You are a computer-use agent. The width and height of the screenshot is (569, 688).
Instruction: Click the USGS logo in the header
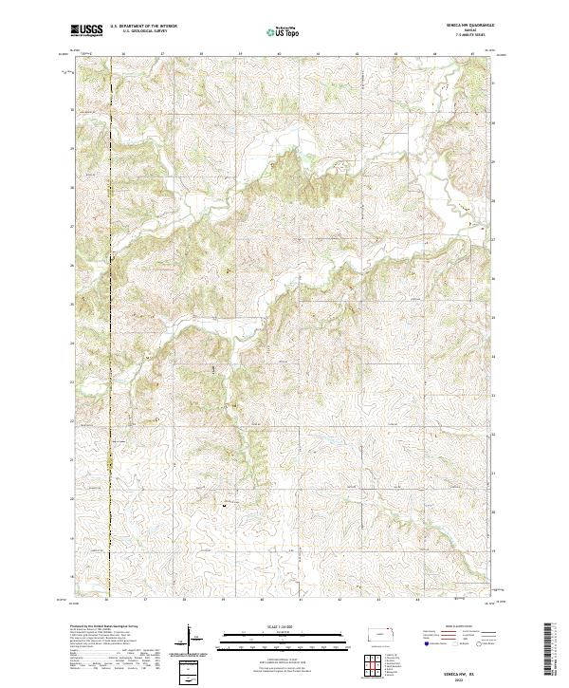click(x=86, y=31)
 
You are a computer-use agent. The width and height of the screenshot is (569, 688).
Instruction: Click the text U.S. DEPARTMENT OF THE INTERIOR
click(x=144, y=27)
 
